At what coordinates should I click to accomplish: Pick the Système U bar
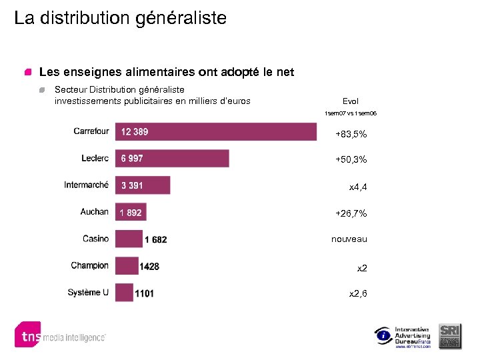pos(124,293)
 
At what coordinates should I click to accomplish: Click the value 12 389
pos(135,132)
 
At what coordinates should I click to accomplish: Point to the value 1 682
pos(155,239)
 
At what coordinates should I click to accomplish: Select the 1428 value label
pos(149,267)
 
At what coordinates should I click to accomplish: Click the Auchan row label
pos(94,212)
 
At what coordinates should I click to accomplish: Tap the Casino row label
pos(95,239)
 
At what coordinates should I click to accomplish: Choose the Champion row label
pos(89,265)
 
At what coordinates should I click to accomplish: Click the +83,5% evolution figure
pos(351,135)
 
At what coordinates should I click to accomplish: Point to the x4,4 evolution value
pos(358,187)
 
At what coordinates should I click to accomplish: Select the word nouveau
pos(349,239)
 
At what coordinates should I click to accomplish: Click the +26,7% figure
pos(351,213)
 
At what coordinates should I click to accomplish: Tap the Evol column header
pos(350,101)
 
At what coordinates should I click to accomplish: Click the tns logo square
pos(28,335)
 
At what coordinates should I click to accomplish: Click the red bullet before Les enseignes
pos(28,72)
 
